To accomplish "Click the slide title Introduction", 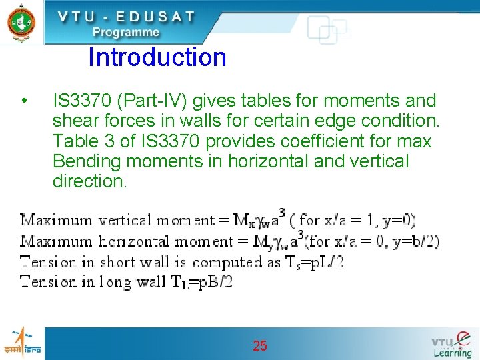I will [157, 57].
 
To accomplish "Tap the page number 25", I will [260, 345].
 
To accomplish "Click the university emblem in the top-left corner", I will [21, 21].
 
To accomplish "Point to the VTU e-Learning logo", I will [451, 344].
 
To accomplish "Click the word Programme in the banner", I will [126, 31].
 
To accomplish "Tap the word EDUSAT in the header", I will [154, 16].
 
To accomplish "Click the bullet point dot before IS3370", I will [24, 101].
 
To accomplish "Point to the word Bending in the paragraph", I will [89, 161].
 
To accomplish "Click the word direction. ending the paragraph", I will [89, 181].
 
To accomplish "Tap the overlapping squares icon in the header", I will [327, 29].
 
